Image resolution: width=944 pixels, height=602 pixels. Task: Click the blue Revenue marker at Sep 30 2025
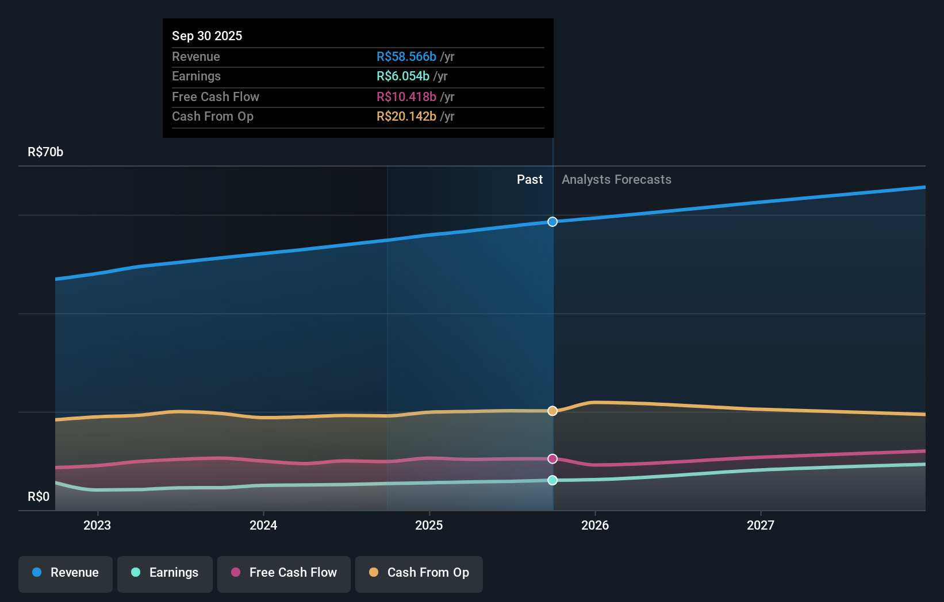[x=552, y=222]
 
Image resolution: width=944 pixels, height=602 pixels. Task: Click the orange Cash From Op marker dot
[x=552, y=411]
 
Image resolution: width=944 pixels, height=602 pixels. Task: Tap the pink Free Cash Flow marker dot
[x=552, y=458]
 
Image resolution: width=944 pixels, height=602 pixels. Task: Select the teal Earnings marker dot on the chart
[x=552, y=480]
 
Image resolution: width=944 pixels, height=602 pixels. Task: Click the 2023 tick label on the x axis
[x=97, y=525]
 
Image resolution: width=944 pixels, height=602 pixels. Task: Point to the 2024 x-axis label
[x=263, y=525]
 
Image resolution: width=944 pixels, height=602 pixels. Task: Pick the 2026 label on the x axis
[x=595, y=525]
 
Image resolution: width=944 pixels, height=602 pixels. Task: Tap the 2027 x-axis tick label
[x=761, y=525]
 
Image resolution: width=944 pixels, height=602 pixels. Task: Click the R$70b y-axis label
[x=45, y=152]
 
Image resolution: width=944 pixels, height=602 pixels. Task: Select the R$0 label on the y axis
[x=39, y=496]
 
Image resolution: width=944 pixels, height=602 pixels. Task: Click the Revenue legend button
[x=66, y=573]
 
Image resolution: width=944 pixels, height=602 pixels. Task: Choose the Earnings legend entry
[x=165, y=573]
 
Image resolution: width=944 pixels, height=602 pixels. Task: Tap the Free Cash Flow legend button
[x=284, y=573]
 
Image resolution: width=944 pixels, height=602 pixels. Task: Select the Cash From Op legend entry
[x=419, y=573]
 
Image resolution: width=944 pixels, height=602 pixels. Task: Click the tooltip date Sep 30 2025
[x=207, y=36]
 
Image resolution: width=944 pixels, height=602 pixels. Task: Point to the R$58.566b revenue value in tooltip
[x=406, y=56]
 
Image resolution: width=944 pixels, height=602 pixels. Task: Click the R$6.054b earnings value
[x=402, y=76]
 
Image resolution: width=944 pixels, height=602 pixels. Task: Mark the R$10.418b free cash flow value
[x=406, y=97]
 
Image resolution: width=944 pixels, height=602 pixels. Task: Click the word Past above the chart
[x=529, y=179]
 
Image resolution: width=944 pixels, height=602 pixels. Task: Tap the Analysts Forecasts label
[x=616, y=179]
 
